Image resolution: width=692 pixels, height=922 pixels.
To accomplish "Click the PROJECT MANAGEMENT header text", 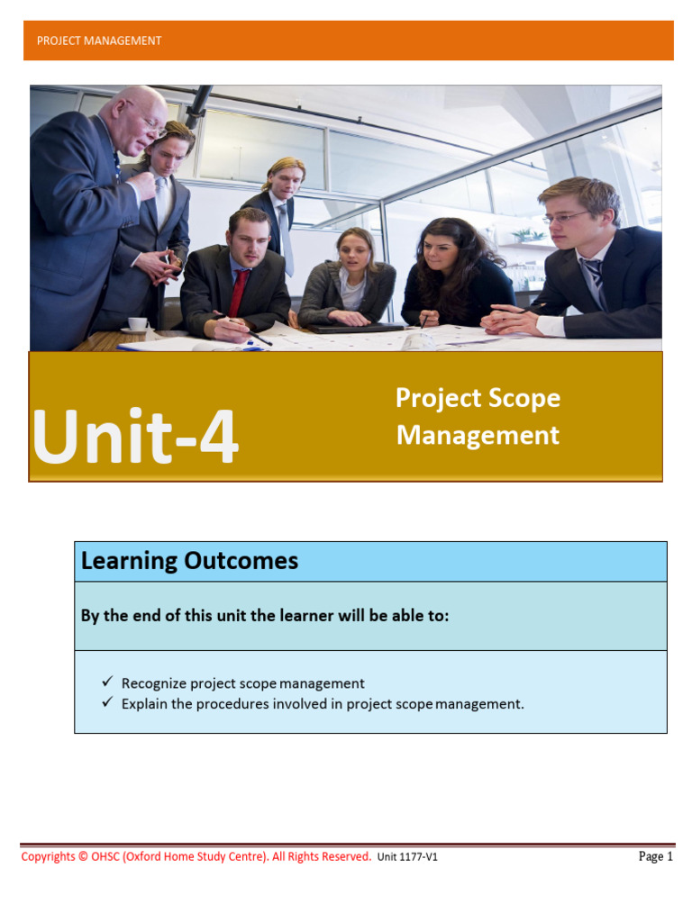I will (98, 41).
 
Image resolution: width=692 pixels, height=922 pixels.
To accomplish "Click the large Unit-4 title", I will (135, 438).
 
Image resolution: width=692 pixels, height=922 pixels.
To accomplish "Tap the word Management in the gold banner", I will (478, 436).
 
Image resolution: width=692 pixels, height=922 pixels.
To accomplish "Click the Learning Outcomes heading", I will (189, 561).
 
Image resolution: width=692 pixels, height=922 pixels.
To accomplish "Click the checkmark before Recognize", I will (108, 682).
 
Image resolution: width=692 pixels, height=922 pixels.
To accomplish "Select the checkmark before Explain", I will (108, 702).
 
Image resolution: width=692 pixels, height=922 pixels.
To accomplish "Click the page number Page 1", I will (655, 856).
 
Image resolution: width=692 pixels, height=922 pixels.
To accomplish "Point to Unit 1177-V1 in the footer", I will (407, 857).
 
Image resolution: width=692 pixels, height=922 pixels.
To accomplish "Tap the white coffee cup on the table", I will (138, 324).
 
